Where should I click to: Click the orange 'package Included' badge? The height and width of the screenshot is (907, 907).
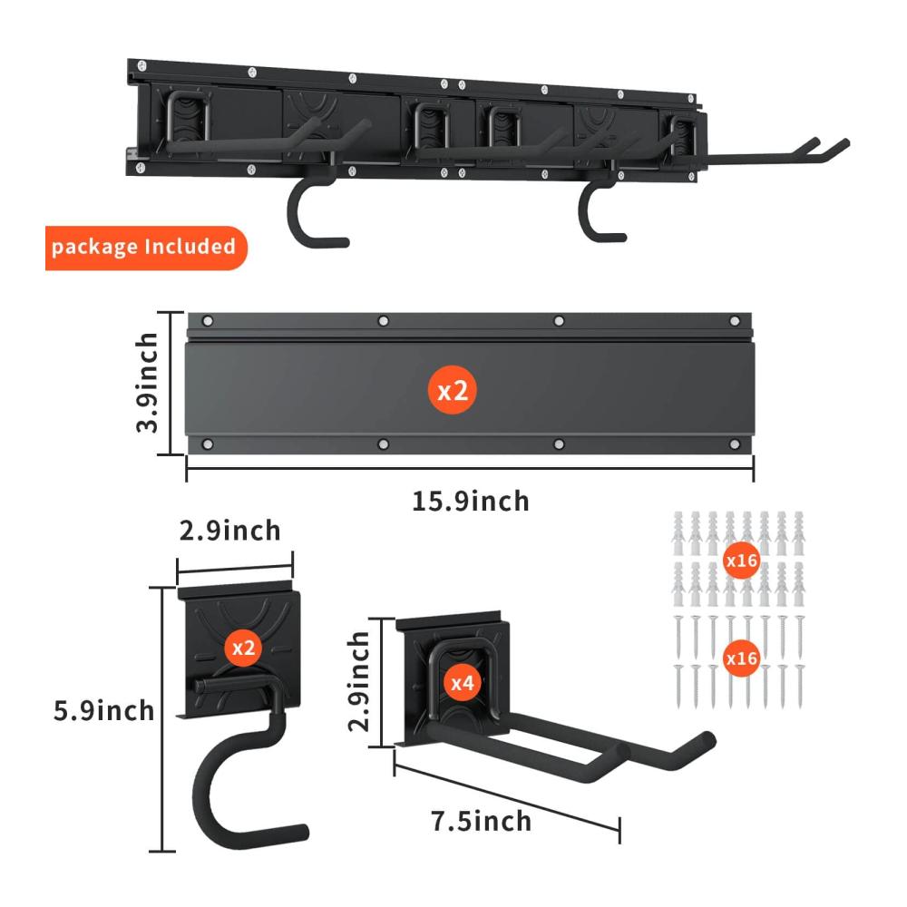tap(146, 248)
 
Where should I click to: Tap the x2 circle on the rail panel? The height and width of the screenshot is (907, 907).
tap(453, 390)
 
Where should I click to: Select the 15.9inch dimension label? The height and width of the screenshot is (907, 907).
tap(470, 502)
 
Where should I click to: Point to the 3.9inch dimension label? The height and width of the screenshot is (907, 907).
tap(147, 383)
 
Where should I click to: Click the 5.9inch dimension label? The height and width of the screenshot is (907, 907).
tap(104, 711)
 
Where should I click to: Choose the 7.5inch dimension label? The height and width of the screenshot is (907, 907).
tap(482, 822)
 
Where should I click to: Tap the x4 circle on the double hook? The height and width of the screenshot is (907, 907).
tap(463, 683)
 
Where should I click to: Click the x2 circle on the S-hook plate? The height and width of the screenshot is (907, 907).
tap(243, 648)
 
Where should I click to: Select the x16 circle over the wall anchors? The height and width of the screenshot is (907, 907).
tap(742, 561)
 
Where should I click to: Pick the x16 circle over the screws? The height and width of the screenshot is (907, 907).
tap(742, 658)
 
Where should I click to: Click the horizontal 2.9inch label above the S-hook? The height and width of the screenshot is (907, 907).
tap(229, 531)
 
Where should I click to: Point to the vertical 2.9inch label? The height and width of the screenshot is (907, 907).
tap(358, 681)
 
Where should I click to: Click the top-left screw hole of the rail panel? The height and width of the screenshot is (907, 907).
tap(208, 321)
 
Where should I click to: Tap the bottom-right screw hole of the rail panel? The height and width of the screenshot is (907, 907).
tap(735, 444)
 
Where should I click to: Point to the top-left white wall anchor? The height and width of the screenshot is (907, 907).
tap(678, 532)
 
